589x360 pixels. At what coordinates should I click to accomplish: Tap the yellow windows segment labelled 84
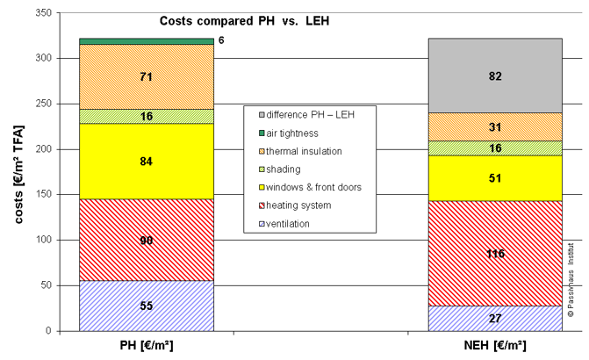[146, 162]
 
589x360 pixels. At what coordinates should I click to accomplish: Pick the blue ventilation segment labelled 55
[146, 306]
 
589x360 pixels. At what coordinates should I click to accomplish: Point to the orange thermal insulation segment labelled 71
[146, 76]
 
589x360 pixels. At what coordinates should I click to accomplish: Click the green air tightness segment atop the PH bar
[146, 40]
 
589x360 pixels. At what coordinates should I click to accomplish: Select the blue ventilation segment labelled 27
[495, 318]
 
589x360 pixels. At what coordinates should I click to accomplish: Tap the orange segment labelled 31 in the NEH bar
[495, 126]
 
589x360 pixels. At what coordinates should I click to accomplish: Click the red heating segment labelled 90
[146, 240]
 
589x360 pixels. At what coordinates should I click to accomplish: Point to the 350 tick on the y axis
[40, 13]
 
